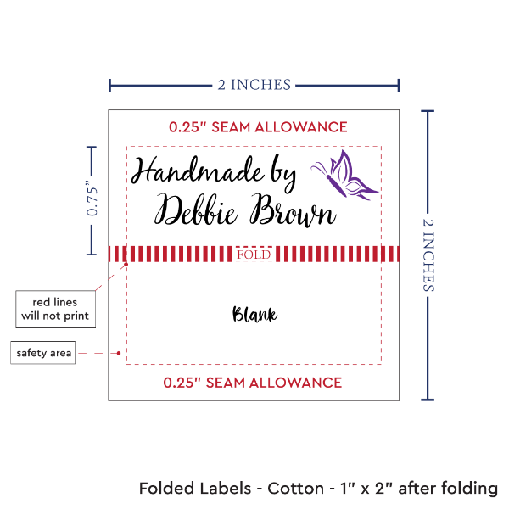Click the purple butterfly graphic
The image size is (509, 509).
pyautogui.click(x=346, y=176)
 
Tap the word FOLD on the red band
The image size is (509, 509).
pyautogui.click(x=255, y=255)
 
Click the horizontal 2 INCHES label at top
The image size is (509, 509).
pyautogui.click(x=255, y=84)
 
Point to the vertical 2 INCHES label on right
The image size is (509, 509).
pyautogui.click(x=428, y=254)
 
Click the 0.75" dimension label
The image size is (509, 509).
pyautogui.click(x=94, y=199)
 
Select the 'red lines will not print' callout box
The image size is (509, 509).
pyautogui.click(x=54, y=309)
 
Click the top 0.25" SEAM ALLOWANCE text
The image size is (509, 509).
pyautogui.click(x=258, y=127)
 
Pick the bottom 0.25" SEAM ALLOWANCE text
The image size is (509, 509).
pyautogui.click(x=254, y=382)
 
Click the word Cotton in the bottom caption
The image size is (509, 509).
pyautogui.click(x=295, y=489)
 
